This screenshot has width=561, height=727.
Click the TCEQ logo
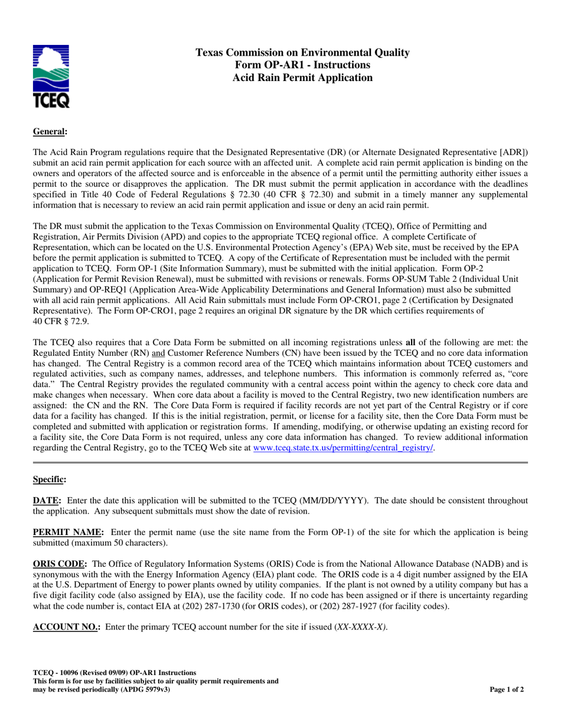pyautogui.click(x=51, y=76)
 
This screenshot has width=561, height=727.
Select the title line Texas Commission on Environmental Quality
pyautogui.click(x=302, y=53)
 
